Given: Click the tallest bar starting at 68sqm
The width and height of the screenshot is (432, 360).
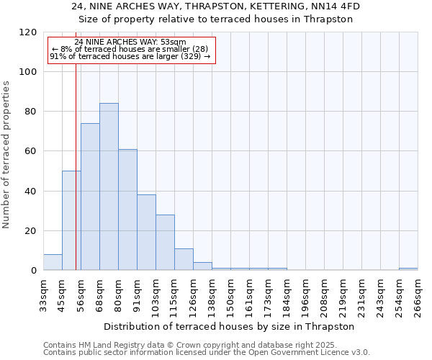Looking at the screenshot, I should click(x=109, y=186).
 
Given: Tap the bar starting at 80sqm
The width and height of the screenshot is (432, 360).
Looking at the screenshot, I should click(x=127, y=210).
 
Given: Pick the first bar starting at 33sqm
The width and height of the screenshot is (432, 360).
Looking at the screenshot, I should click(x=53, y=262).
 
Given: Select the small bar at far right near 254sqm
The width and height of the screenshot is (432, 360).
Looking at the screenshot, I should click(x=408, y=269).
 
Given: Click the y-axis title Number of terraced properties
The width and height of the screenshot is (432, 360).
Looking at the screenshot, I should click(x=6, y=154).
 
